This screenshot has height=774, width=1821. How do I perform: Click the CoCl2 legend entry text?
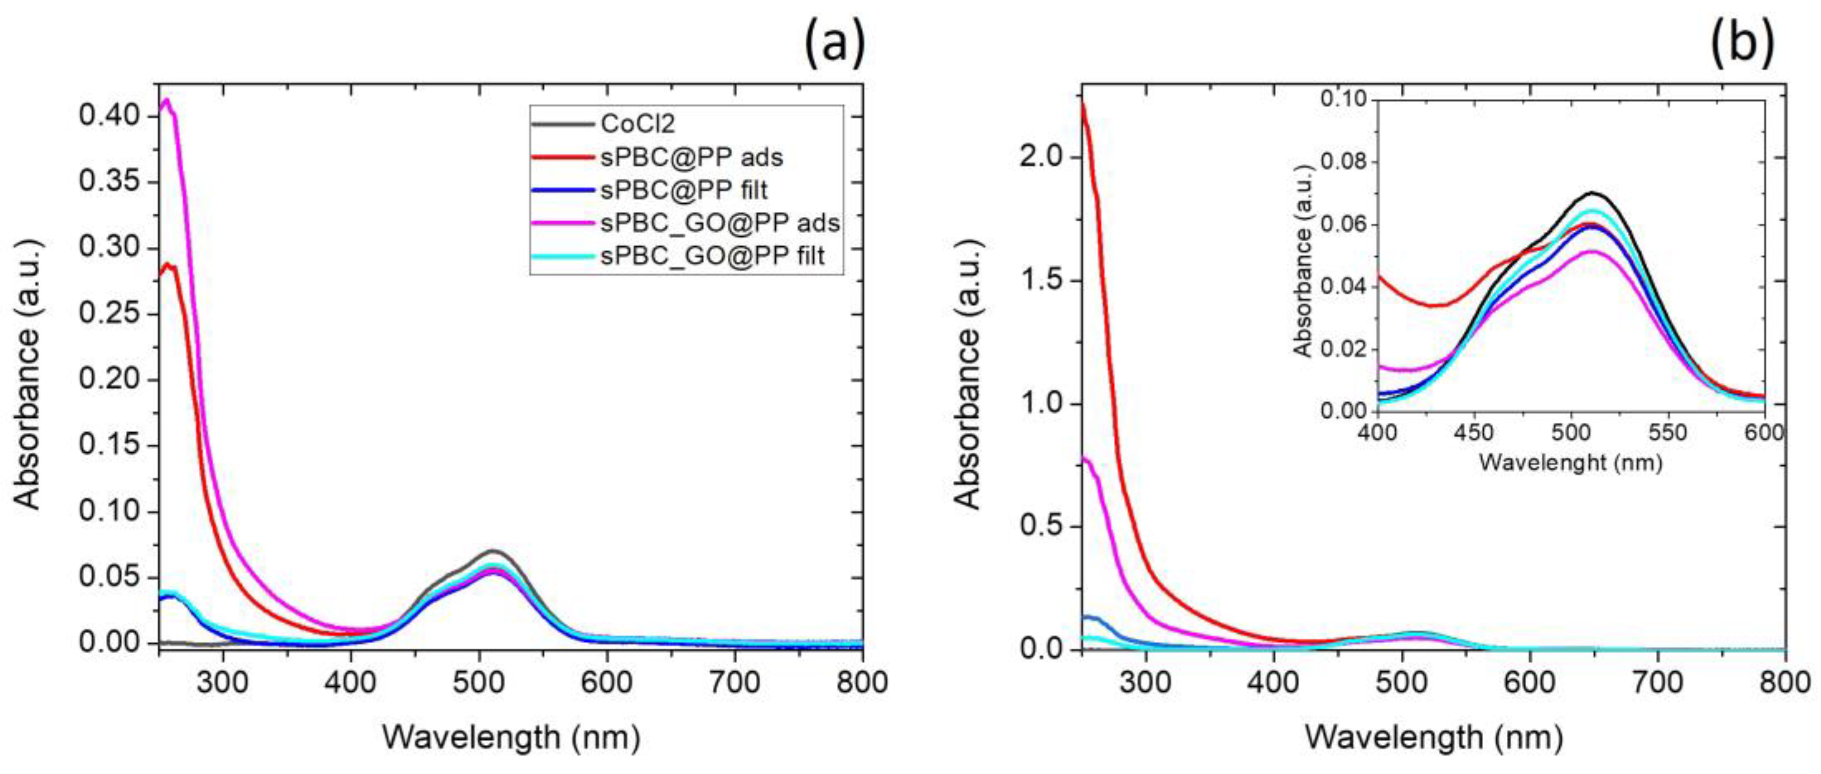click(638, 124)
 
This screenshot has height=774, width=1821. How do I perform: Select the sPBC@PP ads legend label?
click(691, 157)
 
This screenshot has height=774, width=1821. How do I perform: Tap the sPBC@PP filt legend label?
click(684, 190)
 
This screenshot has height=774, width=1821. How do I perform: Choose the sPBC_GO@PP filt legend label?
click(712, 256)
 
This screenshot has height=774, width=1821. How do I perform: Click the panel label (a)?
click(834, 44)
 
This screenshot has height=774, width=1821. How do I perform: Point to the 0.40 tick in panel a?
click(109, 116)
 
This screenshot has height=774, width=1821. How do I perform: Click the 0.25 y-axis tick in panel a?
click(109, 314)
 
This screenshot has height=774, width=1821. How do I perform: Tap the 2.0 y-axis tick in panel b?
click(1042, 157)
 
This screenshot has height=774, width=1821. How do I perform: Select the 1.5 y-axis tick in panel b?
click(1042, 280)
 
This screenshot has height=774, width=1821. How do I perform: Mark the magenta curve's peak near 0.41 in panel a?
click(166, 100)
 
